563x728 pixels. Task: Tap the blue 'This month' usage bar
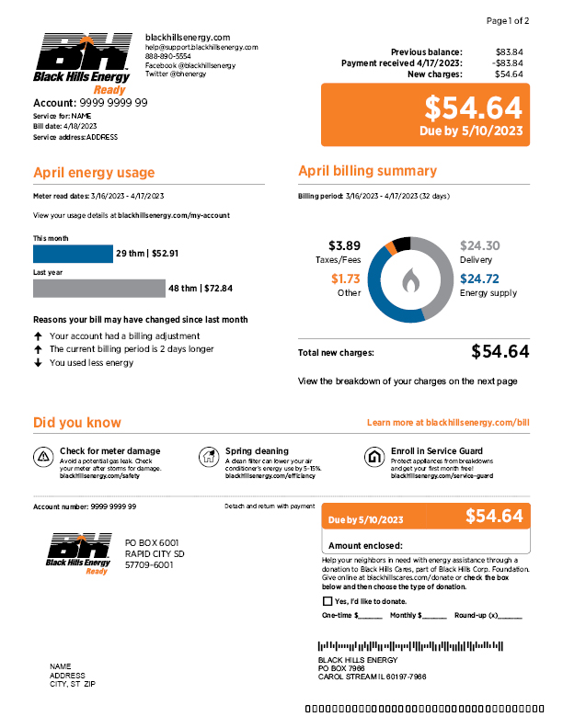tap(73, 254)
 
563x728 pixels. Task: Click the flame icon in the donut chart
tap(410, 279)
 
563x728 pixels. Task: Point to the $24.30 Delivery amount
tap(479, 246)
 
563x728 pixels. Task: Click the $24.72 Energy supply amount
tap(479, 279)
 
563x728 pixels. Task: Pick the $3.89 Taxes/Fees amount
tap(344, 246)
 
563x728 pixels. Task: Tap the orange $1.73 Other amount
tap(346, 279)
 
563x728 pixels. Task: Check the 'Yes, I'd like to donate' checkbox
tap(327, 600)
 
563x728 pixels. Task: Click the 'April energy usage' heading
tap(94, 173)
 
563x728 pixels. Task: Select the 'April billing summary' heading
tap(367, 171)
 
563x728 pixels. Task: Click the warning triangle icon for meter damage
tap(43, 457)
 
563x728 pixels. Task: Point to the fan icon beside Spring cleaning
tap(209, 457)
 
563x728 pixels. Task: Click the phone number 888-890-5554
tap(168, 56)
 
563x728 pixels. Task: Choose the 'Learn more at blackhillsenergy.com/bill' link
tap(448, 423)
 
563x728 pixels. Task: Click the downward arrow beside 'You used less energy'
tap(38, 362)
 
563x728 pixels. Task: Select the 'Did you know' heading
tap(76, 423)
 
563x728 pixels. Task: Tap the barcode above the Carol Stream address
tap(410, 646)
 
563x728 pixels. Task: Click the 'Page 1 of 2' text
tap(507, 20)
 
